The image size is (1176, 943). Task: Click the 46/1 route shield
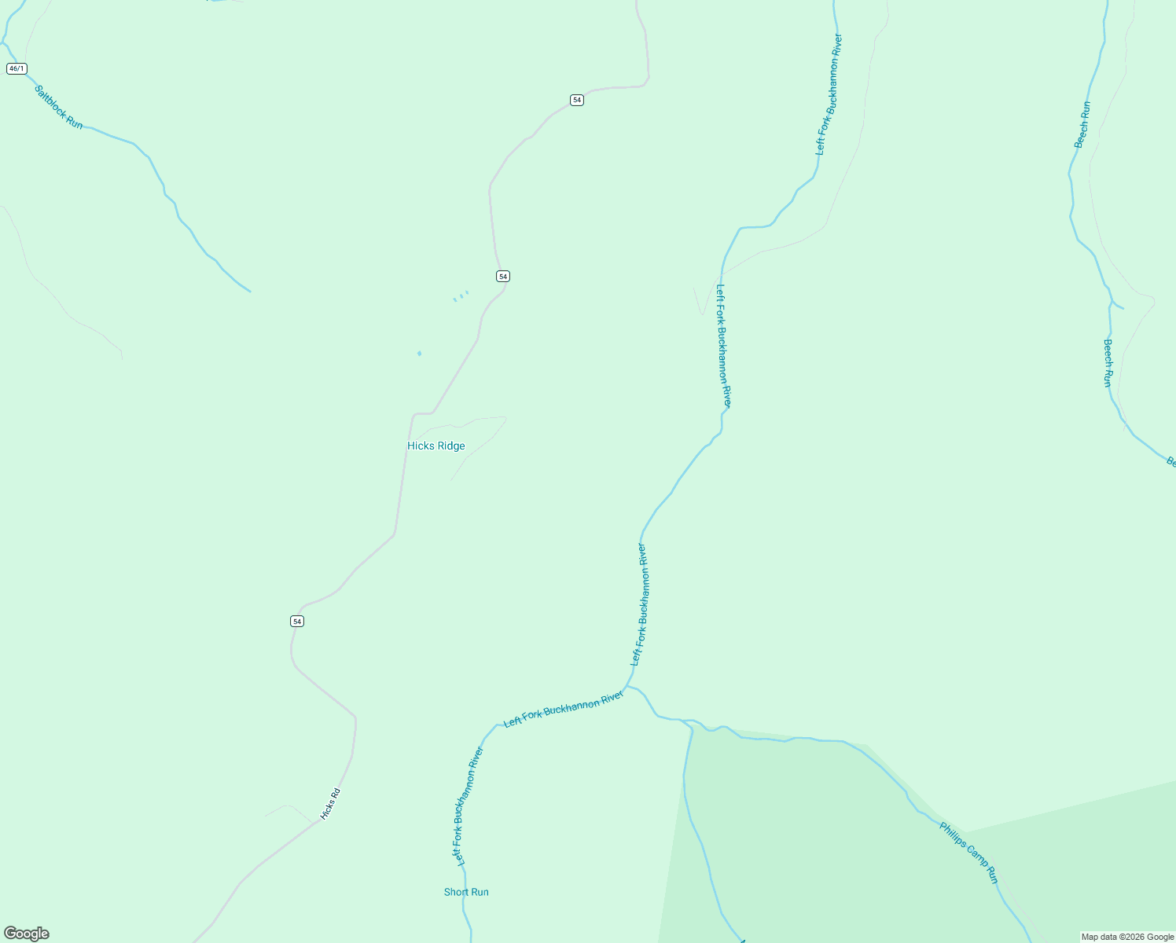click(17, 69)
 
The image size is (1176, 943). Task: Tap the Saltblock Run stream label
click(59, 108)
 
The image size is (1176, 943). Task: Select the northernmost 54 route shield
click(577, 100)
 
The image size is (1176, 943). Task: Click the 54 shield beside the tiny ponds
click(503, 277)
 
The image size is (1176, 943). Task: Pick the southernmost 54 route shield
click(296, 622)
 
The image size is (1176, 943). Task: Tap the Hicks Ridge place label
click(435, 446)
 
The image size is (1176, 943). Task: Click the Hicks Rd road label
click(330, 804)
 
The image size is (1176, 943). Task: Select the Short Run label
click(466, 892)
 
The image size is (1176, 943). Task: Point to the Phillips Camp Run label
click(968, 853)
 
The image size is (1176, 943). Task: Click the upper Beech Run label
click(1082, 124)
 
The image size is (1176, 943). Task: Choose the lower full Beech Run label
click(1108, 362)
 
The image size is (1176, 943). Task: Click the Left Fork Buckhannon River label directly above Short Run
click(469, 807)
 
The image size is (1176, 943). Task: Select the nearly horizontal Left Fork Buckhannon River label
click(563, 710)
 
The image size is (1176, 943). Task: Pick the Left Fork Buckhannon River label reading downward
click(723, 346)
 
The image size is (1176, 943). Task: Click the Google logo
click(27, 934)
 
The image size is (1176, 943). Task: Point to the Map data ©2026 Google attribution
click(1127, 937)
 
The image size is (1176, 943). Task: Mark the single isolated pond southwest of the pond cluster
click(419, 354)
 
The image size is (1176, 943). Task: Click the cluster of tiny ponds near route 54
click(461, 296)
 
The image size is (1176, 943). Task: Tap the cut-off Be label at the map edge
click(1170, 462)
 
